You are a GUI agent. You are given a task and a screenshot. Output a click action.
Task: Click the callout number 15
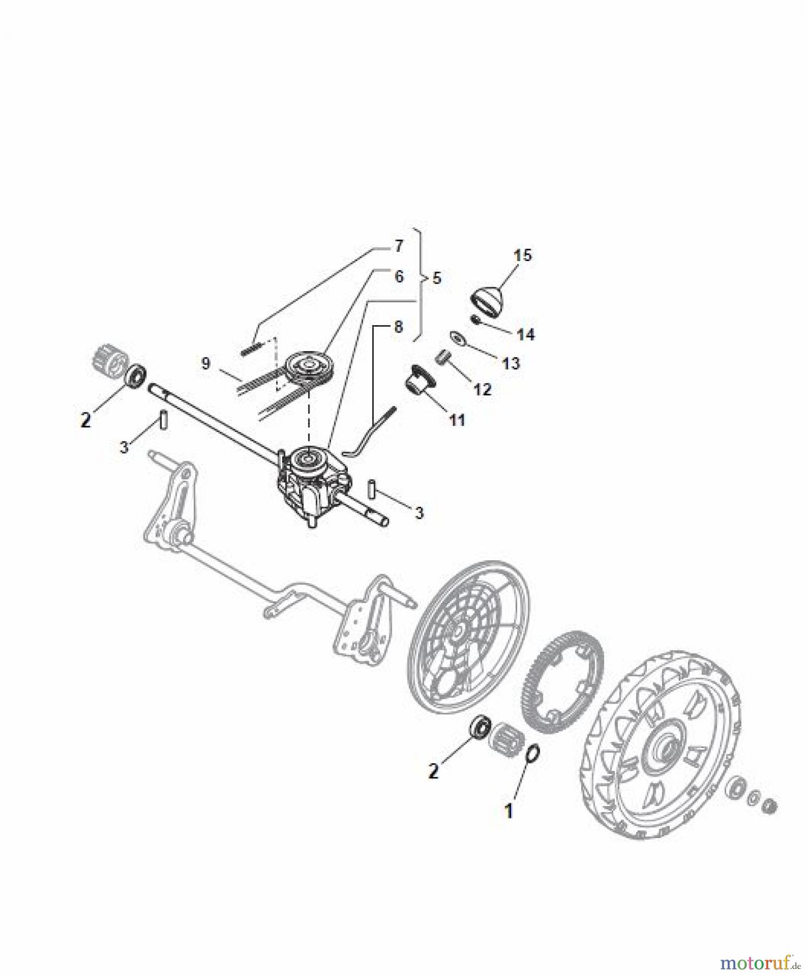coord(523,255)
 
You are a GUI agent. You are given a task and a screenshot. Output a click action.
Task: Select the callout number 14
coord(525,334)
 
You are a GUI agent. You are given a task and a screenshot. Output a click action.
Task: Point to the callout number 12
coord(481,389)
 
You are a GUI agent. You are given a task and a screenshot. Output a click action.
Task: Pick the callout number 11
coord(457,420)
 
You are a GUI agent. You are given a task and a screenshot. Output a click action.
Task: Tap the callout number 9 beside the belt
coord(205,363)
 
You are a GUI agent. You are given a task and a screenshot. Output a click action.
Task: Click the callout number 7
coord(398,246)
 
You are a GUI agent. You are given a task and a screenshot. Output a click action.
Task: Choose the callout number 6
coord(399,277)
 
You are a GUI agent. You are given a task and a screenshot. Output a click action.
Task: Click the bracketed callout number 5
coord(436,278)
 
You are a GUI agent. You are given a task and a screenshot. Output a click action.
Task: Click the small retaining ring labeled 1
coord(533,754)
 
